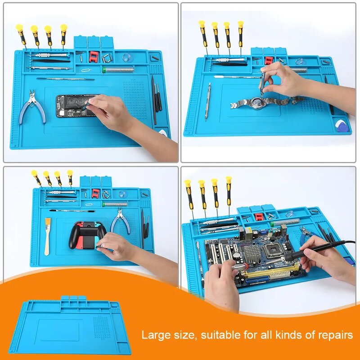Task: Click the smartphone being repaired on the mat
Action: (x=74, y=106)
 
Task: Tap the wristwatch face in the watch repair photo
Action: (x=257, y=101)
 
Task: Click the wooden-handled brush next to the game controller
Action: (x=48, y=229)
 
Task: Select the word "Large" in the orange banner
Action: (x=153, y=335)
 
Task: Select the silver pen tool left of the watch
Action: (x=208, y=101)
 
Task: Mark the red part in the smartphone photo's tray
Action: (x=94, y=56)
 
